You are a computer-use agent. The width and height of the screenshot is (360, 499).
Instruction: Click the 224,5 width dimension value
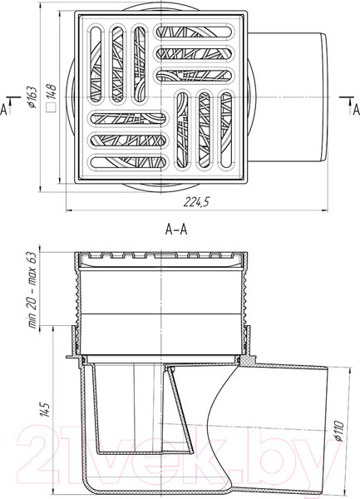[x=197, y=202]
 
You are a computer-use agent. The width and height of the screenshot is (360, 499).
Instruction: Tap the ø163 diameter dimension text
[x=32, y=97]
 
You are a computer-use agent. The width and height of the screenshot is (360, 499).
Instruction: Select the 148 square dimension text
[x=52, y=91]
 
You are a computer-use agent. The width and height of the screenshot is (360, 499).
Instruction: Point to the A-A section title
[x=176, y=230]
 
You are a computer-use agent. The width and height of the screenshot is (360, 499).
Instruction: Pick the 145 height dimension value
[x=46, y=410]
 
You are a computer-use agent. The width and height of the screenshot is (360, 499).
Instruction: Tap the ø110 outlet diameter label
[x=339, y=431]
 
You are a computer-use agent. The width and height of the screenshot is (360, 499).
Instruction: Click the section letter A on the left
[x=3, y=110]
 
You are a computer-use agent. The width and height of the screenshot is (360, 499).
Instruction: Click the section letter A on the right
[x=357, y=110]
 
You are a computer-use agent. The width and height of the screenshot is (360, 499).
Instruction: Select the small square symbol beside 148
[x=52, y=108]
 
